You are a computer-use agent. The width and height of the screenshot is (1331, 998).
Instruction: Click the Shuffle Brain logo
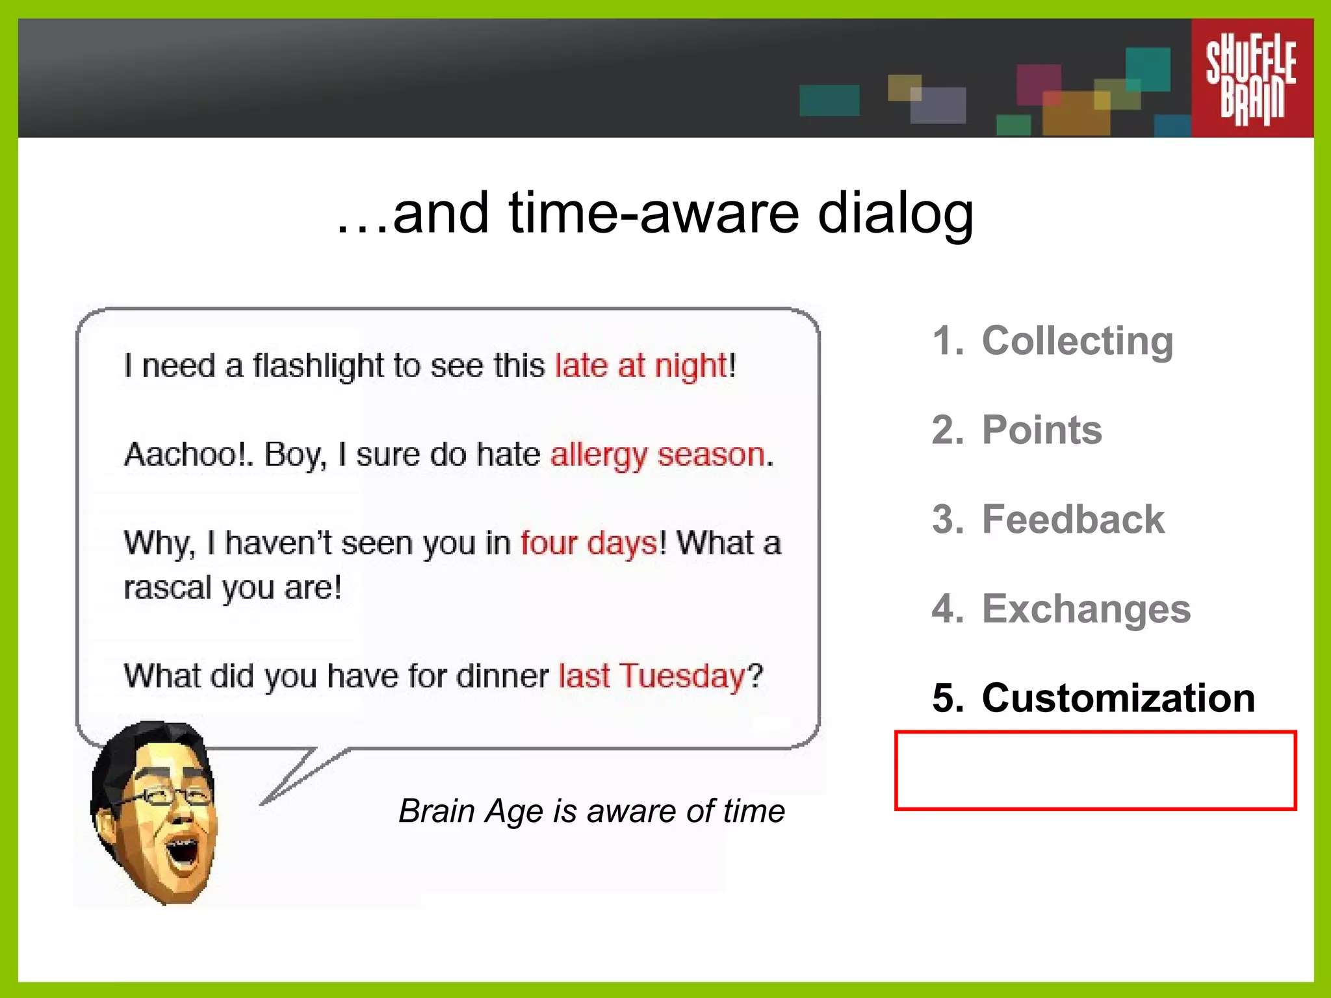pyautogui.click(x=1251, y=78)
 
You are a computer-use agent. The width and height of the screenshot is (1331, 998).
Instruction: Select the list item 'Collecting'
pyautogui.click(x=1077, y=340)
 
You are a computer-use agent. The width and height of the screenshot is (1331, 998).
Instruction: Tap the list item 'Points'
pyautogui.click(x=1041, y=430)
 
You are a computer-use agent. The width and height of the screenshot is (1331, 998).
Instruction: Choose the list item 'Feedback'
pyautogui.click(x=1072, y=519)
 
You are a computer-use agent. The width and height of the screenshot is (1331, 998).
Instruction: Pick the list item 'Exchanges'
pyautogui.click(x=1085, y=609)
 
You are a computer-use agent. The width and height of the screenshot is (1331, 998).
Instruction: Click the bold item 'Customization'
pyautogui.click(x=1118, y=698)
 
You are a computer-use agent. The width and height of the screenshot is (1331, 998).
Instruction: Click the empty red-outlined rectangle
pyautogui.click(x=1095, y=771)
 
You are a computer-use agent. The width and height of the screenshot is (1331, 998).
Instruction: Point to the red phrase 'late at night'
pyautogui.click(x=641, y=365)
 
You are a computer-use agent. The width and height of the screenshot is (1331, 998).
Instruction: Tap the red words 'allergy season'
pyautogui.click(x=658, y=454)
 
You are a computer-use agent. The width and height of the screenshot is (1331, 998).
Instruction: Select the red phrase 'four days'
pyautogui.click(x=589, y=543)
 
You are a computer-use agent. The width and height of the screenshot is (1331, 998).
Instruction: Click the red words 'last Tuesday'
pyautogui.click(x=652, y=676)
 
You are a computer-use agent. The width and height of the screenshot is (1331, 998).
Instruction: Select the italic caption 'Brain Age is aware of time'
pyautogui.click(x=591, y=811)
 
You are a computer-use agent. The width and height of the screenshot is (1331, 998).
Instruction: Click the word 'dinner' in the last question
pyautogui.click(x=502, y=676)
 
